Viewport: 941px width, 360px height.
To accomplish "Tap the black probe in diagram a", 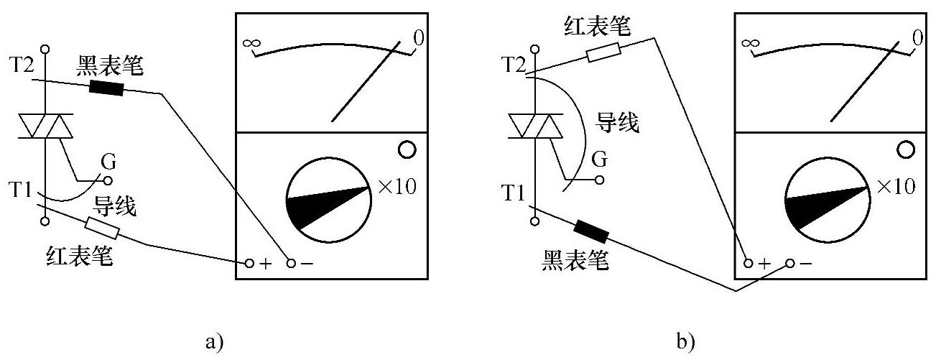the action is (106, 88).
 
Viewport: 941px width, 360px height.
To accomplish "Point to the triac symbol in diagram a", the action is (45, 126).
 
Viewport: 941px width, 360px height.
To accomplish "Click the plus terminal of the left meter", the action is (249, 263).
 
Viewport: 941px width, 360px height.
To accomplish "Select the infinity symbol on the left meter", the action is (251, 43).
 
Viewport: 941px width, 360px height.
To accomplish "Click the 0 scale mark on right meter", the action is (917, 37).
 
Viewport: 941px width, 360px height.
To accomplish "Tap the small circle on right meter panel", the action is (905, 149).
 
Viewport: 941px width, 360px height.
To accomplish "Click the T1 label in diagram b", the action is (514, 193).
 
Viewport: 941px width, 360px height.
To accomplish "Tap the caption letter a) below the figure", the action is (212, 340).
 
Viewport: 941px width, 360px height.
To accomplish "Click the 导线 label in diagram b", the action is (618, 124).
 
